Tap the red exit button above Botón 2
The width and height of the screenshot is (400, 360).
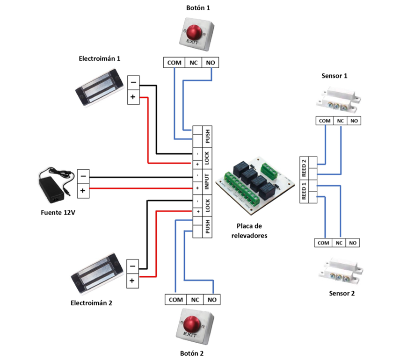tap(192, 324)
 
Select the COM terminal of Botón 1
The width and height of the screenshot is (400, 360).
tap(174, 62)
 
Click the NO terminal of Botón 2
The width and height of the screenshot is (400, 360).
tap(212, 299)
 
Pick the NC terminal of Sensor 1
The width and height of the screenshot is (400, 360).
tap(341, 121)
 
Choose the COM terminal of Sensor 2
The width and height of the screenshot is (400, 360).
tap(323, 243)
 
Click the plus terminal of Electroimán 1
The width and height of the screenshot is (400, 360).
tap(132, 97)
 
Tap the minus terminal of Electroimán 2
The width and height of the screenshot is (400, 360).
tap(132, 266)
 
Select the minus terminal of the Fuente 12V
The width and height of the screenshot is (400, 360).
tap(83, 177)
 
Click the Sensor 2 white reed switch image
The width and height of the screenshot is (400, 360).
tap(340, 272)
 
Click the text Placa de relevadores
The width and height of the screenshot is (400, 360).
tap(249, 231)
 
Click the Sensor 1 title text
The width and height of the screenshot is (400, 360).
tap(335, 76)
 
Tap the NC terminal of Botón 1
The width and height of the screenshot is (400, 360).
tap(193, 62)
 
